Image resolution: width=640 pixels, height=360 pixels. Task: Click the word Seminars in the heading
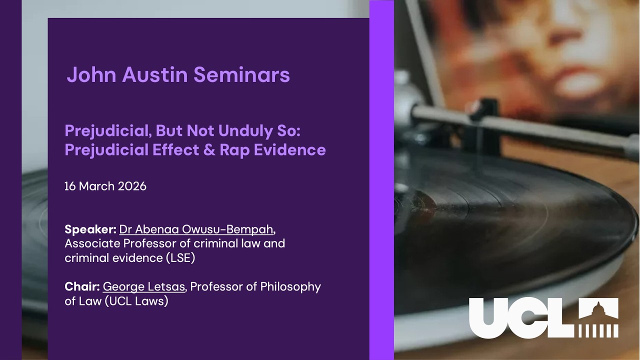pyautogui.click(x=241, y=74)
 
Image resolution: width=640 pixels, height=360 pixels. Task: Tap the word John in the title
pyautogui.click(x=91, y=74)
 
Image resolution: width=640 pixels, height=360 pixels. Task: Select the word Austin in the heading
pyautogui.click(x=155, y=74)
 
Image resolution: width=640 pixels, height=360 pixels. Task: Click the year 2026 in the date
pyautogui.click(x=132, y=186)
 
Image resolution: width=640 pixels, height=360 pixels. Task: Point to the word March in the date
pyautogui.click(x=96, y=186)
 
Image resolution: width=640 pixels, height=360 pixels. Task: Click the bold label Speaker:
pyautogui.click(x=90, y=229)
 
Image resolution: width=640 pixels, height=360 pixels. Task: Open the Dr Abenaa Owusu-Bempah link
pyautogui.click(x=196, y=229)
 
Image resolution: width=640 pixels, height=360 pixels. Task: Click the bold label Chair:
pyautogui.click(x=82, y=286)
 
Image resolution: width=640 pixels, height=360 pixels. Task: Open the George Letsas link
pyautogui.click(x=143, y=287)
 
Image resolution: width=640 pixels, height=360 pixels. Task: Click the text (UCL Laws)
pyautogui.click(x=136, y=301)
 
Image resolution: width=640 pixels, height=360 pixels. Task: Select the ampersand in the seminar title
pyautogui.click(x=209, y=149)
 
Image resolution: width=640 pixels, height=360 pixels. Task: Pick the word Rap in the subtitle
pyautogui.click(x=235, y=150)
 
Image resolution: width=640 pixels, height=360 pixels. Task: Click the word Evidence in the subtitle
pyautogui.click(x=289, y=149)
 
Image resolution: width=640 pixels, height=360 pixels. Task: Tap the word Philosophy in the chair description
pyautogui.click(x=290, y=287)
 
